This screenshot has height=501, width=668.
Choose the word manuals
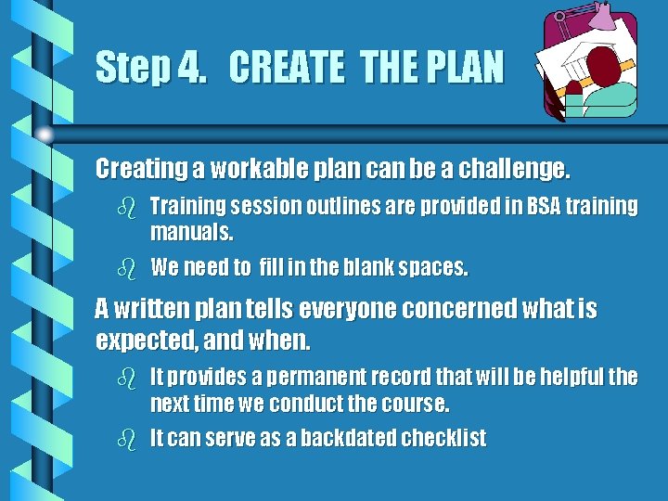(192, 230)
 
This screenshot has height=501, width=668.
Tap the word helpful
(570, 377)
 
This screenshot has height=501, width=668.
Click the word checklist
(443, 439)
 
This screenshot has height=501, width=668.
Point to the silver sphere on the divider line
(45, 135)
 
